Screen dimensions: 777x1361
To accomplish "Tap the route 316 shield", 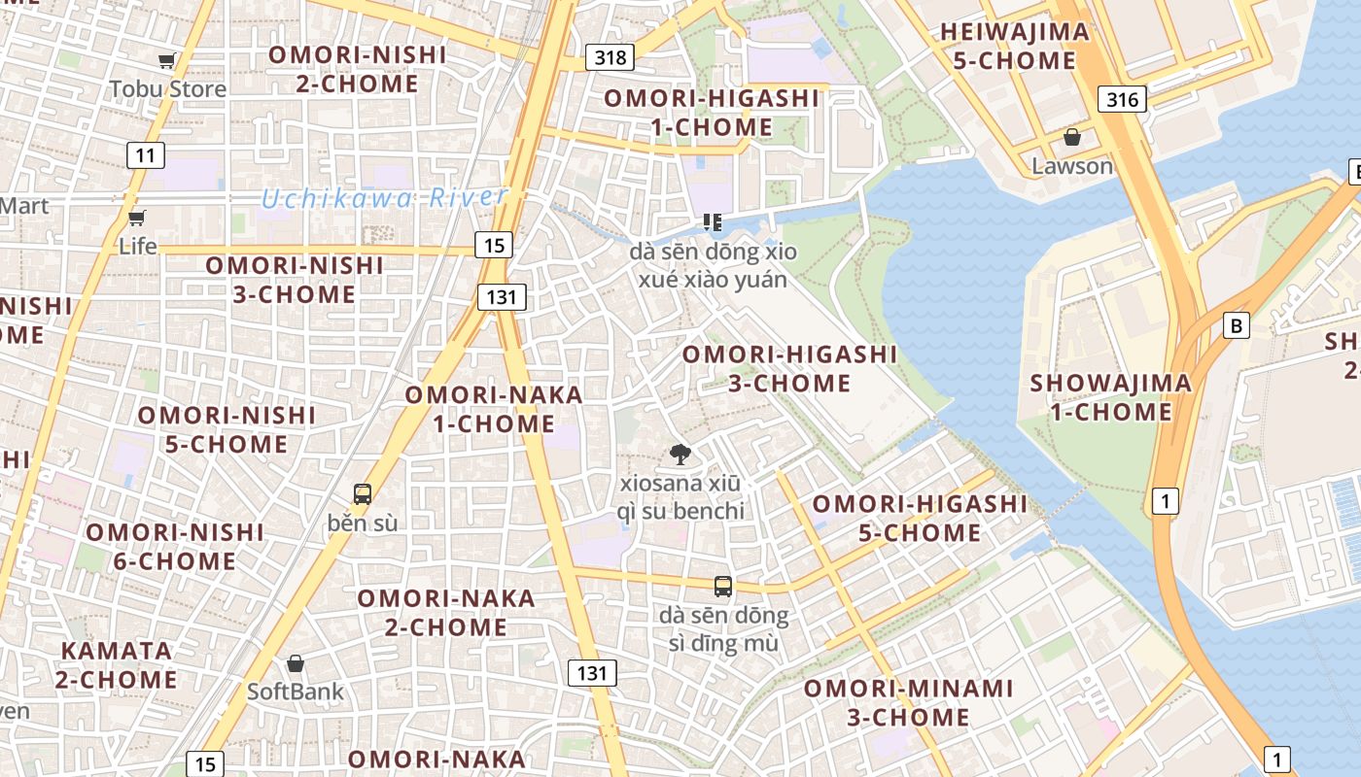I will [1122, 98].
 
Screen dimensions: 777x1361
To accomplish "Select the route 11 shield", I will [145, 154].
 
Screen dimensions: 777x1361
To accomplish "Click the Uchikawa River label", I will [384, 197].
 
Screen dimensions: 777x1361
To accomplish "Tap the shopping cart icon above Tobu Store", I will [167, 61].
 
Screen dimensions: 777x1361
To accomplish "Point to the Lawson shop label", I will [1071, 166].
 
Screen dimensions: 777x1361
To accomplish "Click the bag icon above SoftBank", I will [296, 664].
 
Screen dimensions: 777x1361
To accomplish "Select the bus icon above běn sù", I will [363, 494].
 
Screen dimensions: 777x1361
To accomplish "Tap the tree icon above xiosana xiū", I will [680, 454].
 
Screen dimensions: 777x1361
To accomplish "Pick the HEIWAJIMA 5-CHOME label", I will [1014, 47].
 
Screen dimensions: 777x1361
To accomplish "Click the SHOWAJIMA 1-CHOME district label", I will [1110, 397].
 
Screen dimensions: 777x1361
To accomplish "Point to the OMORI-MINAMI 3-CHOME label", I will [908, 703].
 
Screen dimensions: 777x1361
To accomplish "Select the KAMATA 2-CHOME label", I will [117, 665].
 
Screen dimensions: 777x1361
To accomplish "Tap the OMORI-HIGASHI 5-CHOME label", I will [920, 519].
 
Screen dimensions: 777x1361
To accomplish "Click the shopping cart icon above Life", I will [137, 218].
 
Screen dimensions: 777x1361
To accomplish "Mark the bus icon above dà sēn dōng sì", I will [723, 587].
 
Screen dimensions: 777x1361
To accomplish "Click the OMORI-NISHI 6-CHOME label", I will [175, 547].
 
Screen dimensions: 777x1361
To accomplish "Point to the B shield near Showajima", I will [1236, 325].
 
